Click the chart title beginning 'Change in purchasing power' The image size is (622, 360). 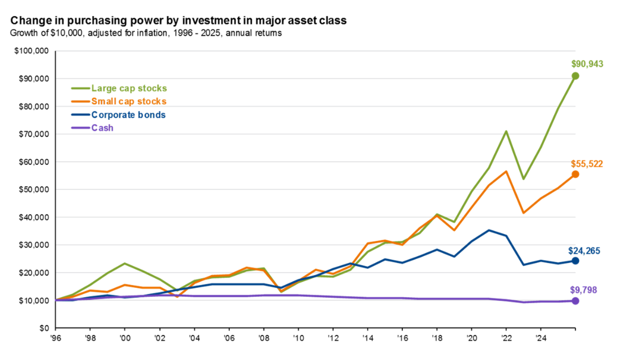(x=178, y=21)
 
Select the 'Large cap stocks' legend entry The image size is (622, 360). (x=129, y=88)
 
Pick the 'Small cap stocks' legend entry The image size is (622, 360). (x=129, y=101)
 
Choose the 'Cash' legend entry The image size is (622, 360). (x=103, y=128)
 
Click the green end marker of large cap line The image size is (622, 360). (x=575, y=76)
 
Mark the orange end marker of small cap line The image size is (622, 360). (x=575, y=174)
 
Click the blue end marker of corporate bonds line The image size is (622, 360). (x=575, y=261)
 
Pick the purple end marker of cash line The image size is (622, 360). (x=575, y=301)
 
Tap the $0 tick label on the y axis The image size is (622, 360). (x=44, y=328)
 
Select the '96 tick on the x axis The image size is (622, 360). (x=55, y=338)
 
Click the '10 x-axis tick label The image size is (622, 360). (x=298, y=338)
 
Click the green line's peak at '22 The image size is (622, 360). (x=506, y=131)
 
